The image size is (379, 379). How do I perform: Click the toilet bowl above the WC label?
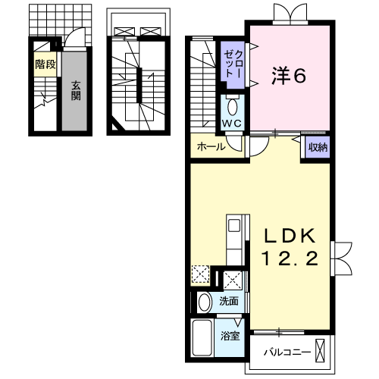[231, 104]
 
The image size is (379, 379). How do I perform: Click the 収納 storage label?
[318, 146]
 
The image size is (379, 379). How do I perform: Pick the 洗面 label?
[229, 301]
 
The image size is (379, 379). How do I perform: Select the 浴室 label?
[230, 335]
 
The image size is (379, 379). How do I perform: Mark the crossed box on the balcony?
[324, 352]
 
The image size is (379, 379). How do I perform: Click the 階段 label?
[45, 65]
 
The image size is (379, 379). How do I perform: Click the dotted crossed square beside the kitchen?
[200, 274]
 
